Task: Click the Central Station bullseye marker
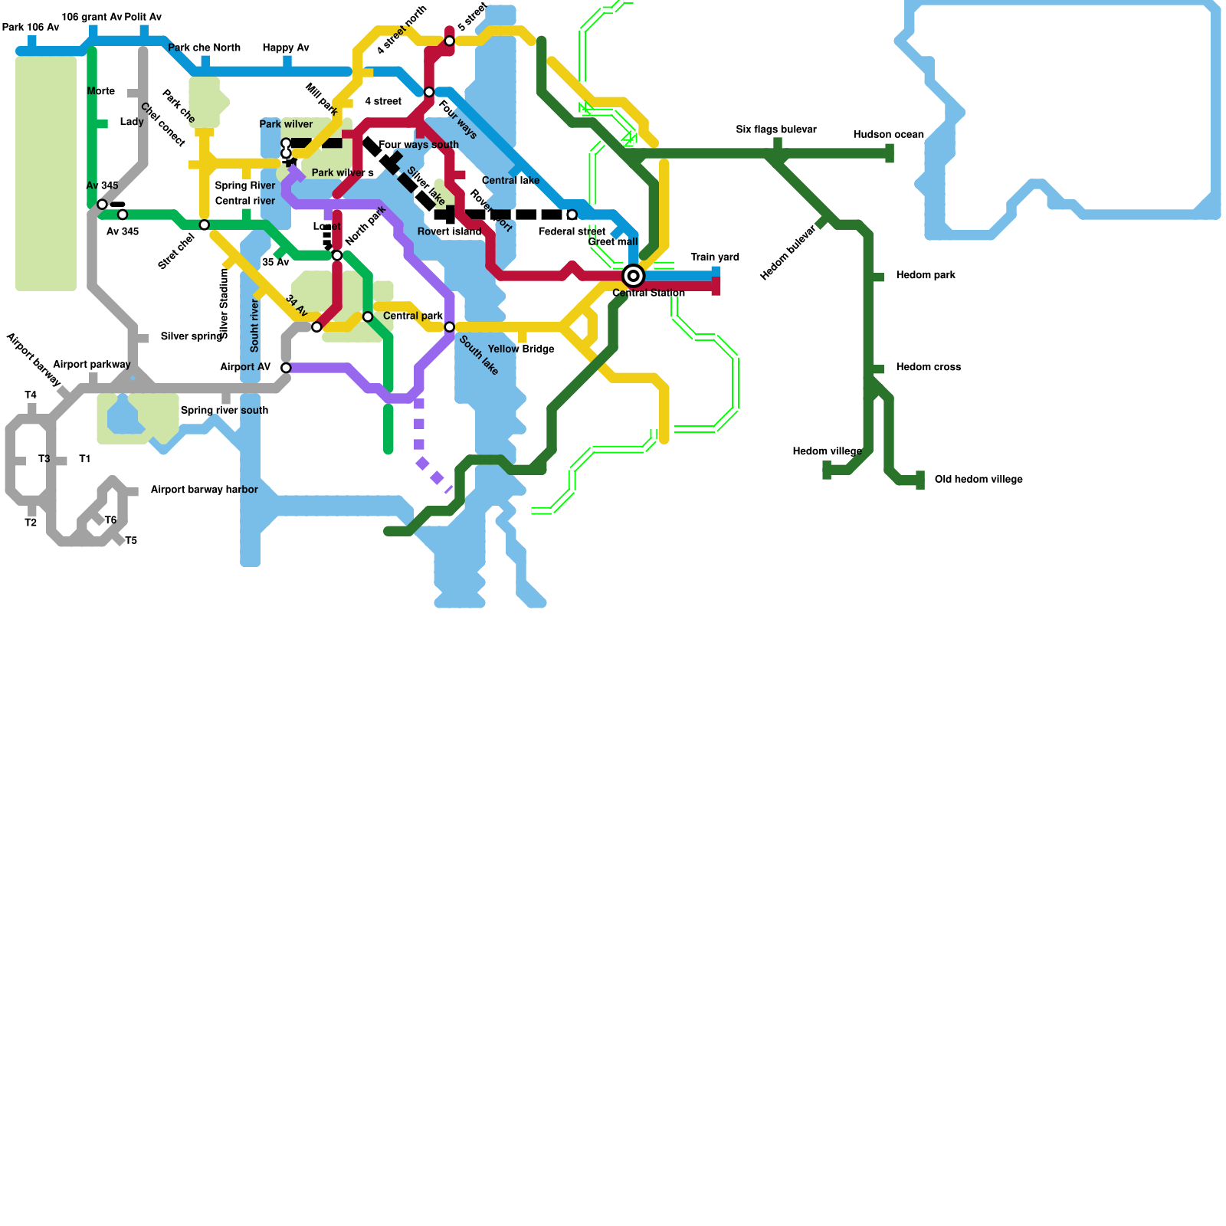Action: pyautogui.click(x=633, y=276)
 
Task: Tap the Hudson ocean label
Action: pyautogui.click(x=888, y=135)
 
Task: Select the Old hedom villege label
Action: pyautogui.click(x=978, y=480)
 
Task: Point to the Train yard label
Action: pyautogui.click(x=714, y=257)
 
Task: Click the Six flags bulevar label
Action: pyautogui.click(x=775, y=129)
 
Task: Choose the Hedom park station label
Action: pyautogui.click(x=925, y=275)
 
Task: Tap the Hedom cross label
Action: pyautogui.click(x=928, y=367)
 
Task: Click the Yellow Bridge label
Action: pyautogui.click(x=521, y=349)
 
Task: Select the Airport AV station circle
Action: pyautogui.click(x=286, y=368)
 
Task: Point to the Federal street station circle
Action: pyautogui.click(x=572, y=215)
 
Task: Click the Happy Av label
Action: pyautogui.click(x=285, y=48)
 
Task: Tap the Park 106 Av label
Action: pyautogui.click(x=31, y=28)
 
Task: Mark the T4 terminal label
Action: pyautogui.click(x=31, y=395)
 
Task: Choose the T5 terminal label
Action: pyautogui.click(x=131, y=541)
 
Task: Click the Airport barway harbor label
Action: pyautogui.click(x=204, y=490)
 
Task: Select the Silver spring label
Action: pyautogui.click(x=192, y=336)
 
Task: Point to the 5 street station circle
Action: pyautogui.click(x=450, y=41)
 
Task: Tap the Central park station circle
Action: pyautogui.click(x=450, y=327)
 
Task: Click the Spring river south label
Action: pyautogui.click(x=224, y=411)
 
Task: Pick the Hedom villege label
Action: pyautogui.click(x=827, y=451)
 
